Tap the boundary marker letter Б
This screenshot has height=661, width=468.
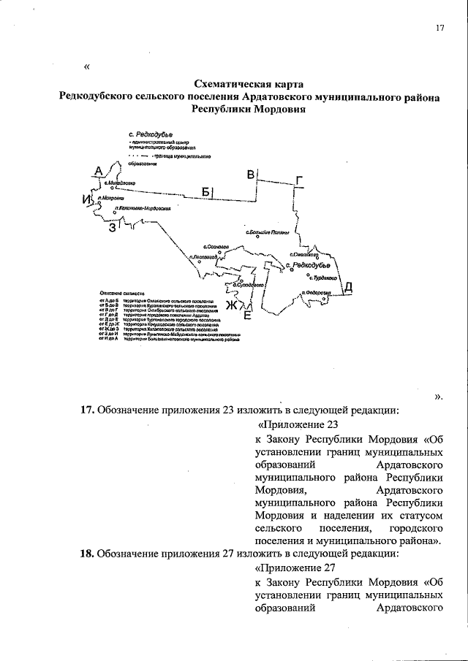coord(207,192)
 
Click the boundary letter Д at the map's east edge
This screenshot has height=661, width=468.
coord(349,286)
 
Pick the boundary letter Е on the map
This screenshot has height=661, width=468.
coord(246,316)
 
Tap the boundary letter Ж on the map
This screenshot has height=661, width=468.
coord(231,305)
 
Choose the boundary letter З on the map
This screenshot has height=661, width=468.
coord(112,228)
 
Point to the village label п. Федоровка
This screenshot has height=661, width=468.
coord(316,293)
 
